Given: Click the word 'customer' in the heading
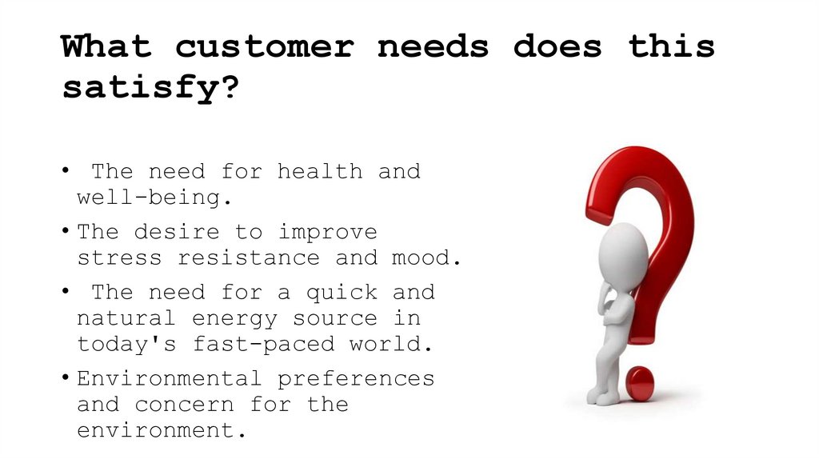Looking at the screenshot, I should pyautogui.click(x=264, y=46).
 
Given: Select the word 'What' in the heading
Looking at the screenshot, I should pyautogui.click(x=106, y=46).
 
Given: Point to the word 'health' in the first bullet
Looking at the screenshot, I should pyautogui.click(x=320, y=171).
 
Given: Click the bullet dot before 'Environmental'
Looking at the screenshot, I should pyautogui.click(x=64, y=379).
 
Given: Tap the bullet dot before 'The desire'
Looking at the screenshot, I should pyautogui.click(x=64, y=233).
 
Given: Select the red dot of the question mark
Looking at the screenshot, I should pyautogui.click(x=640, y=383).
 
